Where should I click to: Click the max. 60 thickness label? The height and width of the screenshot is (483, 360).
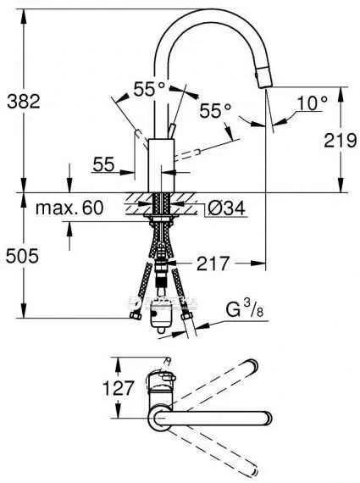69,207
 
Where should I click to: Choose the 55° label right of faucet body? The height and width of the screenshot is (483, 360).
216,110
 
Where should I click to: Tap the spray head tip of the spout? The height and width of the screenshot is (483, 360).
260,80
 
